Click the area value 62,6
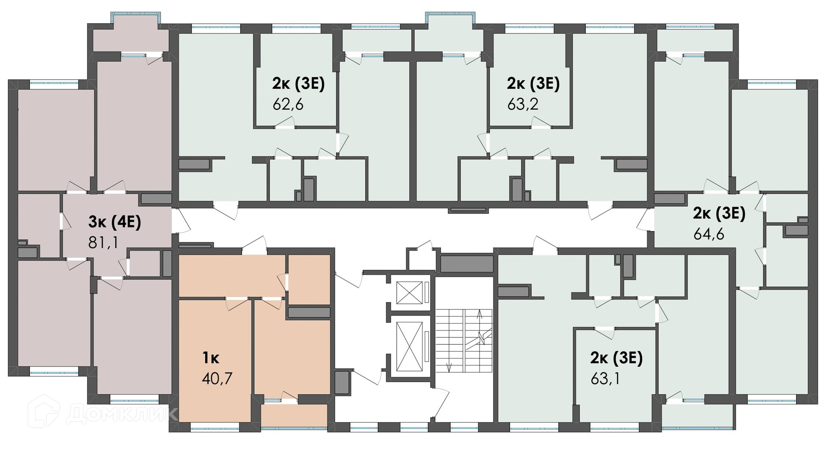coord(288,104)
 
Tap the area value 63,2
coord(523,104)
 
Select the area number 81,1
coord(103,243)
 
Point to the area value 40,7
coord(217,378)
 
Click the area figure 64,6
coord(709,234)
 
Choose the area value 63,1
coord(605,379)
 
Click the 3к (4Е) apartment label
coord(114,222)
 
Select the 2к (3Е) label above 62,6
coord(298,83)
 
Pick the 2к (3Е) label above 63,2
coord(533,83)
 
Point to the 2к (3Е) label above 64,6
coord(719,213)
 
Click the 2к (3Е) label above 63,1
coord(616,358)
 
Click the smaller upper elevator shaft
coord(407,292)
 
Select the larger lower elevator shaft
coord(407,346)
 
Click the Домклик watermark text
coord(121,413)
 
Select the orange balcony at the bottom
coord(294,415)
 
